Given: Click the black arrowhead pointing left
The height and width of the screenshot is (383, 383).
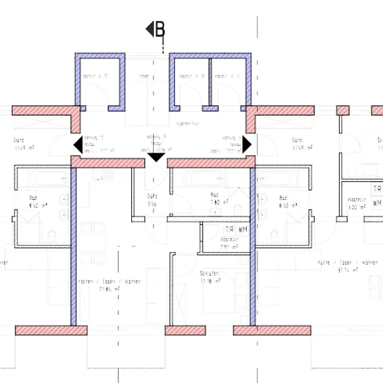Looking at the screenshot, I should [x=78, y=145].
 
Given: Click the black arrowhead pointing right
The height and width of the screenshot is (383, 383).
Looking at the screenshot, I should [x=247, y=145].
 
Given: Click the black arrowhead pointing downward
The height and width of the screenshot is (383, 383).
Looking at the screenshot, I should [x=156, y=158].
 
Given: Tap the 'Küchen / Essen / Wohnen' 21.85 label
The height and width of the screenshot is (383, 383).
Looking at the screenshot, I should [x=109, y=285].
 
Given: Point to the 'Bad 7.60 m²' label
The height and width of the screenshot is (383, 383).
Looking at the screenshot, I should [x=214, y=198].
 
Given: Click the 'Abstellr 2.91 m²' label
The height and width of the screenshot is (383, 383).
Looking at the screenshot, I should [x=229, y=243].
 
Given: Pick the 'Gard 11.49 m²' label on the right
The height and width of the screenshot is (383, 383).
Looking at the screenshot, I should [x=301, y=144].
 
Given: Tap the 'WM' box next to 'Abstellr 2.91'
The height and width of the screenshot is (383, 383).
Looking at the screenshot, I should [x=242, y=230].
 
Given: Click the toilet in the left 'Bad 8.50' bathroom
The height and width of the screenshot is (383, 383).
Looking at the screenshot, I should [x=51, y=236].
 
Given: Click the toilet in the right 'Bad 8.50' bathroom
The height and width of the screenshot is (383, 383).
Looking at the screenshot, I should [x=274, y=236].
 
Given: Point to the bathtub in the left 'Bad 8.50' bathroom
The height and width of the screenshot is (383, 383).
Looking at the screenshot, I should [x=41, y=178].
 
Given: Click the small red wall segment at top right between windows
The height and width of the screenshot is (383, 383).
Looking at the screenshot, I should [x=343, y=111].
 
